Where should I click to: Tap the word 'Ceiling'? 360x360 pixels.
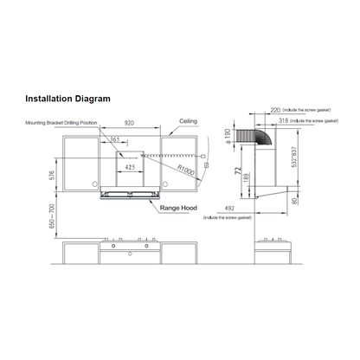188,122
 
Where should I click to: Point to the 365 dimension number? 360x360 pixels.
115,139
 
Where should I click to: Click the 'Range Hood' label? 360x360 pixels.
179,208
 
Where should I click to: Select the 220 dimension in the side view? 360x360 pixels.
276,112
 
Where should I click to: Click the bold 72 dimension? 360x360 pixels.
236,171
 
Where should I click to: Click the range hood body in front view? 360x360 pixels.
131,196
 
